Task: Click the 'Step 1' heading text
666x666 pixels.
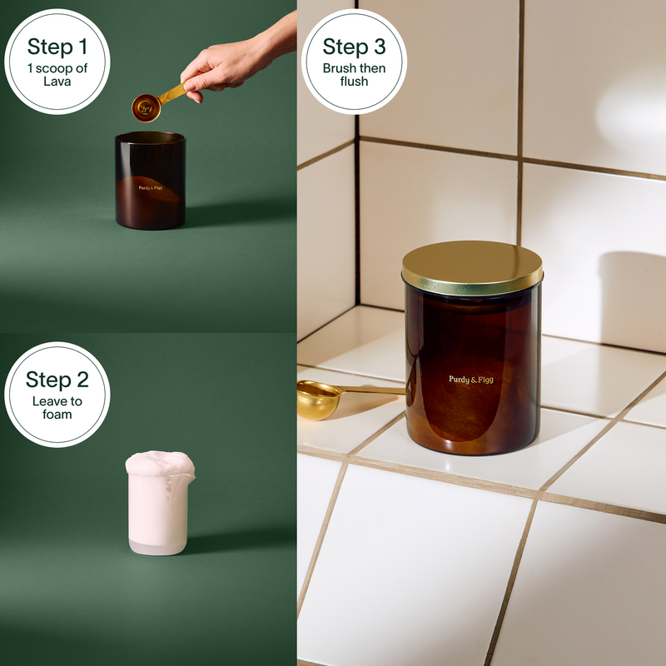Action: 57,47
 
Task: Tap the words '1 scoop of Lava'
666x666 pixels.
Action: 57,75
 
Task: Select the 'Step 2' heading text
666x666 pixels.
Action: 57,380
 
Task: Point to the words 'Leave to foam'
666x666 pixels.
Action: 57,408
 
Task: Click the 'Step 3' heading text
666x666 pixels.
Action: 355,47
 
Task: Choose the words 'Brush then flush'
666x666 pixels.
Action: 355,75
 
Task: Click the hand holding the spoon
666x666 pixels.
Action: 238,59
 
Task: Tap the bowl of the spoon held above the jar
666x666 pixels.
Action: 147,108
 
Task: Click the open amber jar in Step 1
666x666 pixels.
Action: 151,181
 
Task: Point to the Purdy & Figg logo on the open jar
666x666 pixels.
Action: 151,188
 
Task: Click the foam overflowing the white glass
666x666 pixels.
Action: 160,464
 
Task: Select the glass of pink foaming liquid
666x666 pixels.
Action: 159,504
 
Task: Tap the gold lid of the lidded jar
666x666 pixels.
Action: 472,267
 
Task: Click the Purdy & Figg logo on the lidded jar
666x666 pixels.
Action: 471,380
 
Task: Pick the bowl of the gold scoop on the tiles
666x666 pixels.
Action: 318,400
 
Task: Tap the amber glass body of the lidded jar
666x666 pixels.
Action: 472,374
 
